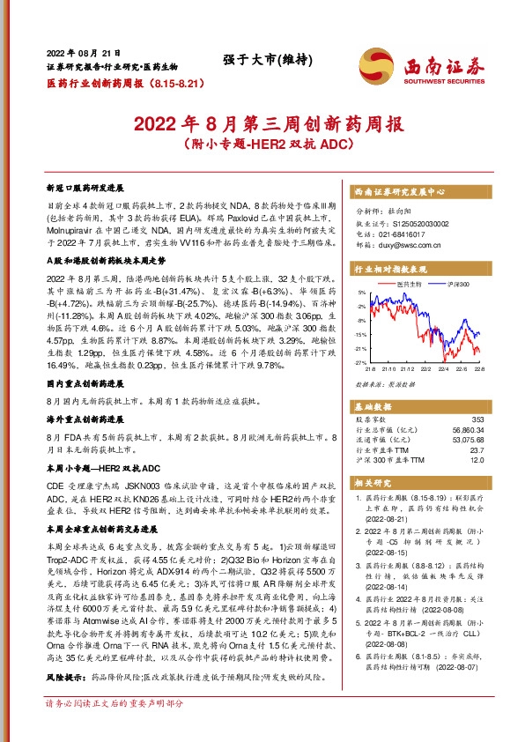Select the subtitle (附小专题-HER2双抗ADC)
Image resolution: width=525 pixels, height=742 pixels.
[x=262, y=141]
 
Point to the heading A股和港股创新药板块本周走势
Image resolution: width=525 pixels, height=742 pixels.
[x=105, y=261]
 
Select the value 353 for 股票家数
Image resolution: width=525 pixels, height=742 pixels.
[x=478, y=419]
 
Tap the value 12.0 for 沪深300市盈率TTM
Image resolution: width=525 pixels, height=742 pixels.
[x=477, y=460]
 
